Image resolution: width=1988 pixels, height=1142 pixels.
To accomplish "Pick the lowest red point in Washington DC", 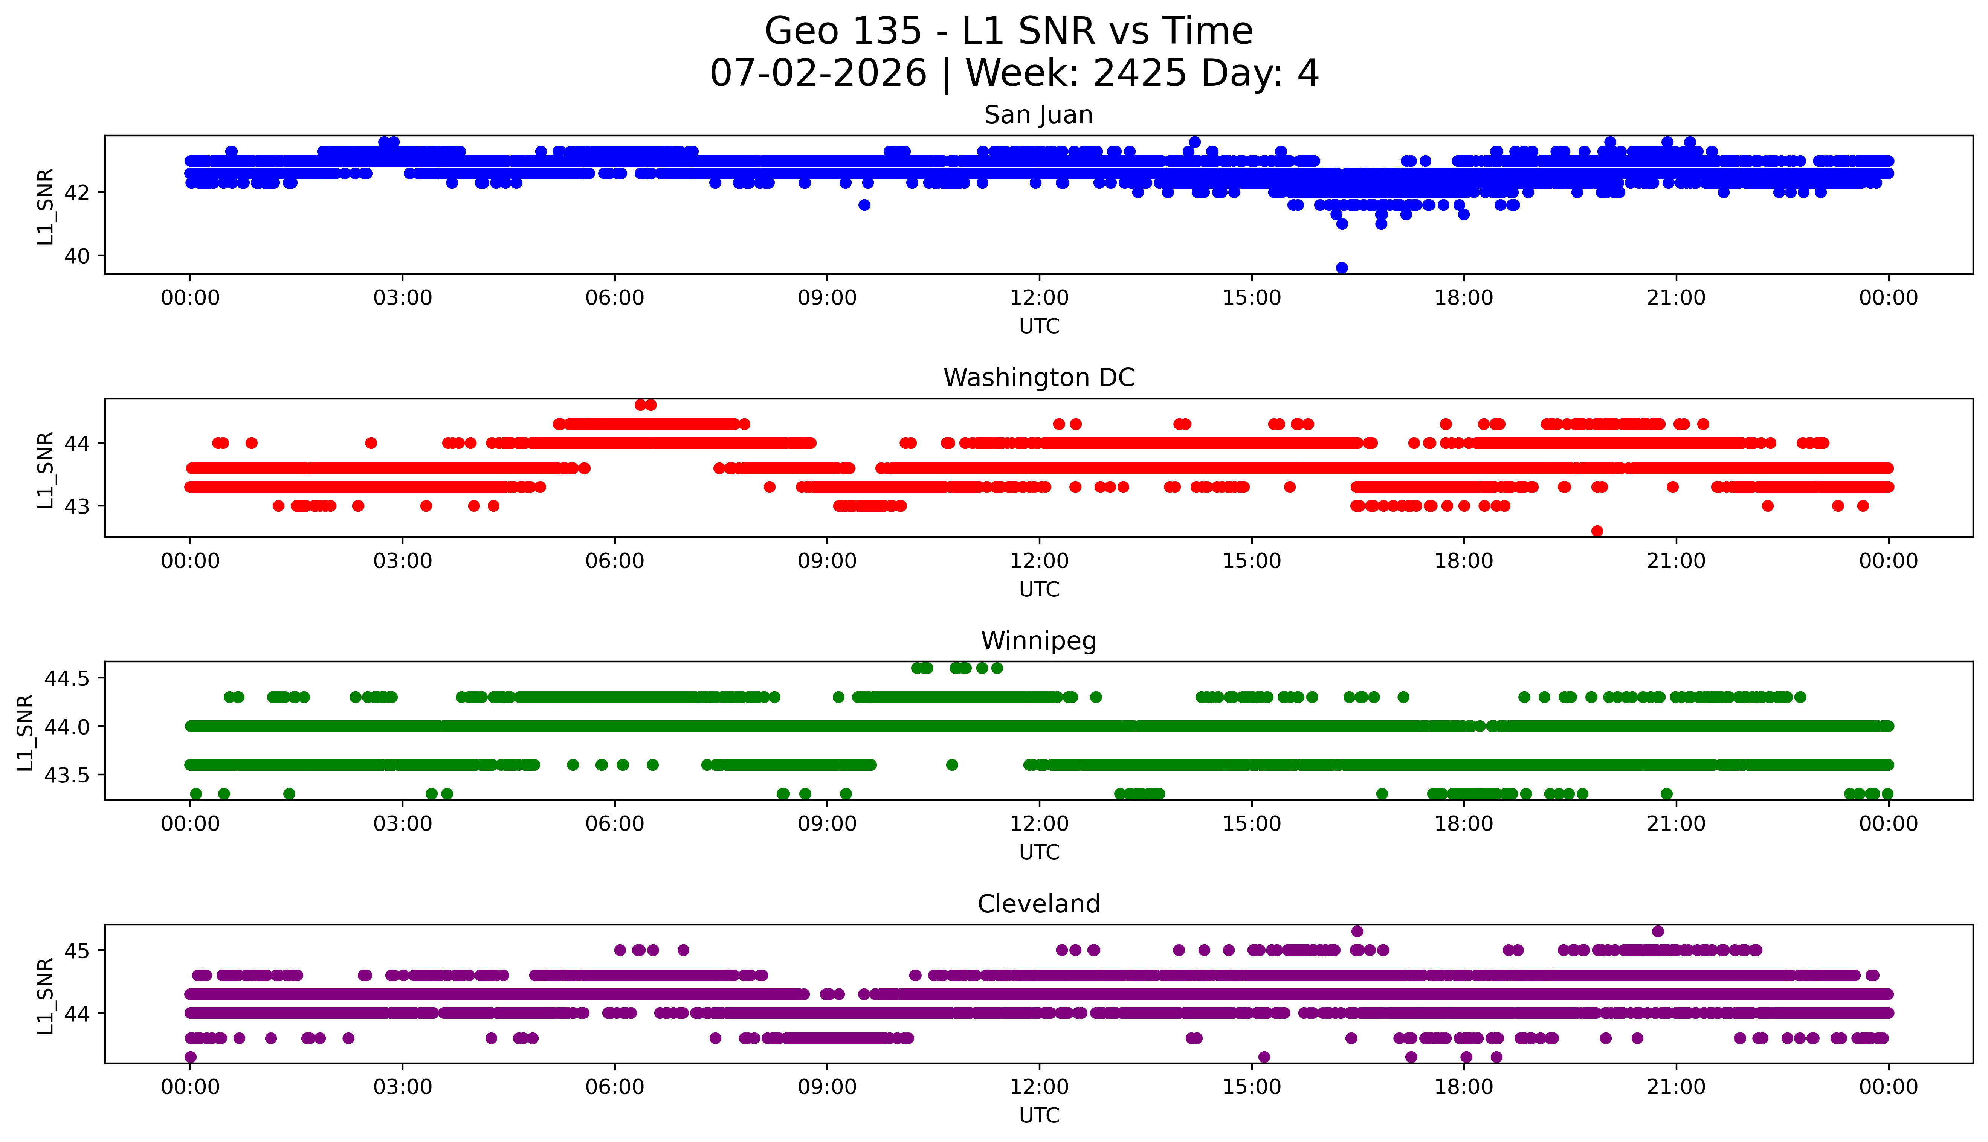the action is (1597, 531).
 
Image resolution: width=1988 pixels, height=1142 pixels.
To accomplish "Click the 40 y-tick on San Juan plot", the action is (77, 256).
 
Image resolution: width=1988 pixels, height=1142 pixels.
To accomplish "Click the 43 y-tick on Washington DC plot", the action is (77, 506).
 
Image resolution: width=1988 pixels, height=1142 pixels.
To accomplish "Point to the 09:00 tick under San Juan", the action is (827, 298).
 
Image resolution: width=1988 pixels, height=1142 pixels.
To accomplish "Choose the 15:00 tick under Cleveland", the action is (1251, 1087).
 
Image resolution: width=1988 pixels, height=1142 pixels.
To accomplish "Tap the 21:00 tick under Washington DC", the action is (1676, 561).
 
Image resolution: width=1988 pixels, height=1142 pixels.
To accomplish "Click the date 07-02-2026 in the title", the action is (818, 74).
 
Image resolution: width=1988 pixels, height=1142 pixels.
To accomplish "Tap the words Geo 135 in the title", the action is (843, 31).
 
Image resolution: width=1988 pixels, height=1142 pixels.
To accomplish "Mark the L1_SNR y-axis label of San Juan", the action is (46, 206).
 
